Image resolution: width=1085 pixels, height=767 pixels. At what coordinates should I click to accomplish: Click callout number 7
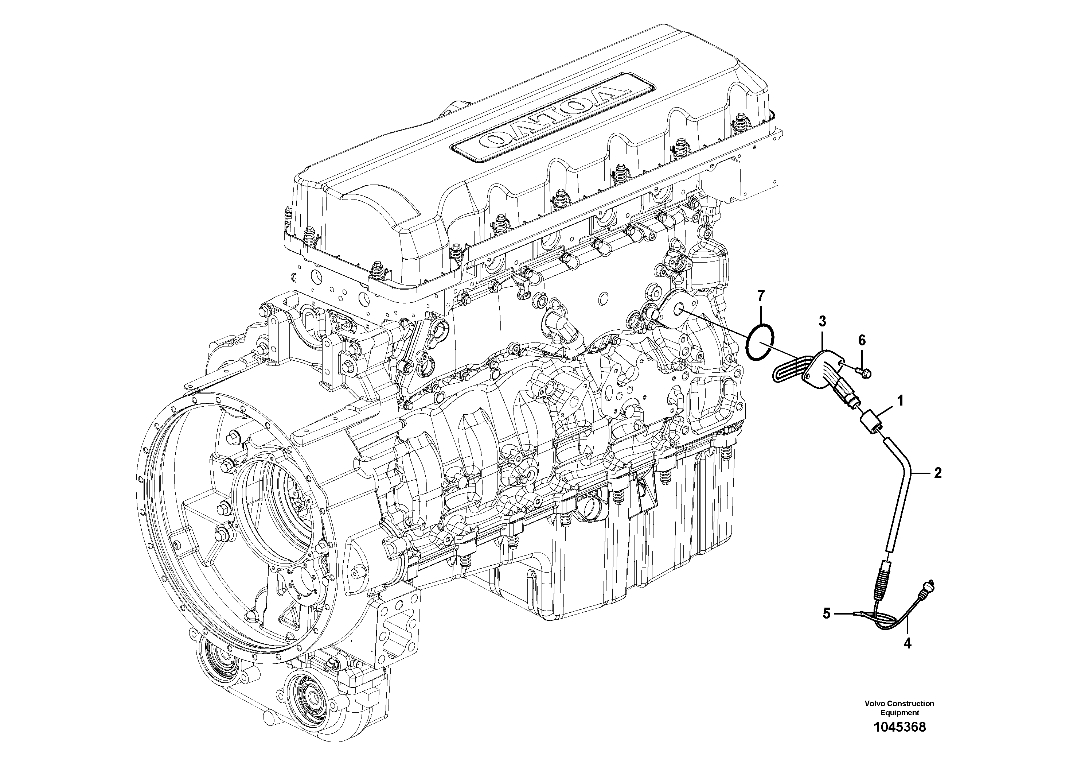(760, 297)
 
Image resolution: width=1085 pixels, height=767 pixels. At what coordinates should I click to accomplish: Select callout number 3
(822, 322)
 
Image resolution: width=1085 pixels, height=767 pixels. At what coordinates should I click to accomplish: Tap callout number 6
(862, 340)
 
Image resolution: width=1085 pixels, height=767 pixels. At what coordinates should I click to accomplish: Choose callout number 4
(907, 644)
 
